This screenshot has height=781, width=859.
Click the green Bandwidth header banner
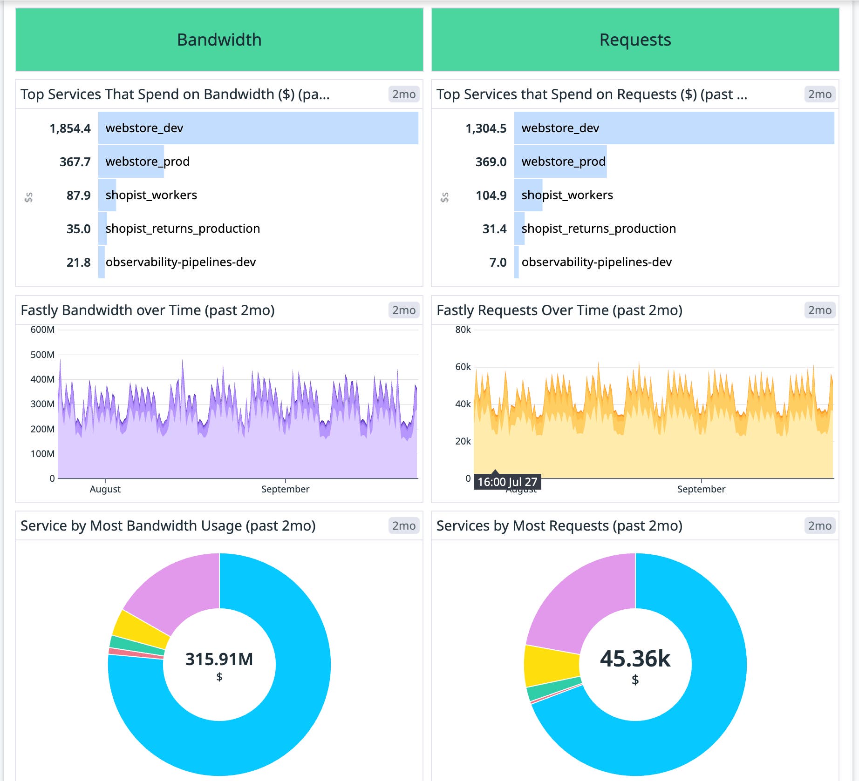(x=219, y=40)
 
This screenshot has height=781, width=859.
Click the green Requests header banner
(x=635, y=40)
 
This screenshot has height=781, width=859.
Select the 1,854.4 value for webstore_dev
(x=70, y=128)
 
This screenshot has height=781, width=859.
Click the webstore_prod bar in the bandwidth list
(x=131, y=162)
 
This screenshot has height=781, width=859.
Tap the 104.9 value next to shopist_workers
(x=491, y=195)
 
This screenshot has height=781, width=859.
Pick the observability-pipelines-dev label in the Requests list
(x=596, y=262)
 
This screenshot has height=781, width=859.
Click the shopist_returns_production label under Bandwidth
(x=183, y=229)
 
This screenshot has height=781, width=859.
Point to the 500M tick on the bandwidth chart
(x=42, y=355)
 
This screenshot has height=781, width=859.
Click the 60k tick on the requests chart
(x=463, y=367)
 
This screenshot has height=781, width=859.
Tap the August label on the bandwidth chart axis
(x=105, y=489)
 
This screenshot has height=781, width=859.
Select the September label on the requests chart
(x=701, y=489)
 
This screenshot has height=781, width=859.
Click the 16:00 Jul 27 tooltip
(x=507, y=482)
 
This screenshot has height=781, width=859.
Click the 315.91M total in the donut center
(x=219, y=659)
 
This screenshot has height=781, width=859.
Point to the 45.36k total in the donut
(x=635, y=659)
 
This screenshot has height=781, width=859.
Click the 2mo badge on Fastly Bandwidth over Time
(x=403, y=310)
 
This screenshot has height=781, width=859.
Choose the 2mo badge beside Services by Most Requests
(x=819, y=526)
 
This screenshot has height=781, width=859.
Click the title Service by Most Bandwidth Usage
(x=168, y=526)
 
